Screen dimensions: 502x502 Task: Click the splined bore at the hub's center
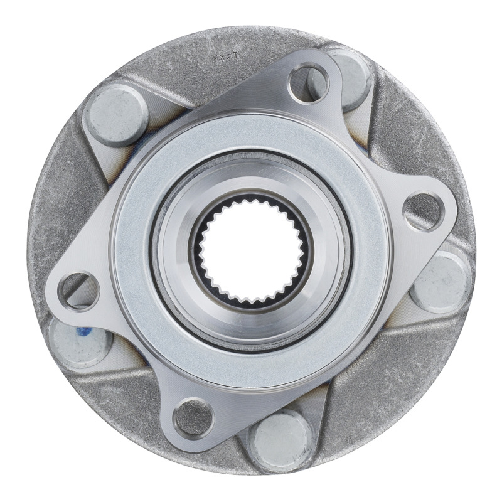pyautogui.click(x=251, y=251)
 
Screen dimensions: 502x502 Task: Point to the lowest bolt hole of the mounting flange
pyautogui.click(x=192, y=417)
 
